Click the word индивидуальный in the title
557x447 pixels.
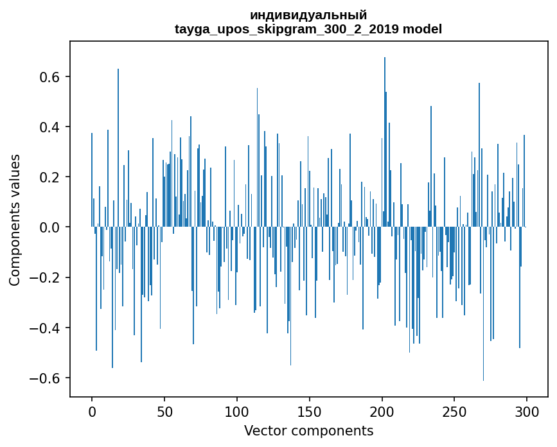[x=308, y=15]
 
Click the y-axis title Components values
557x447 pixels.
[x=15, y=220]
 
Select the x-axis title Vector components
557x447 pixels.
[x=308, y=430]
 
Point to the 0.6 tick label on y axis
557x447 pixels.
[x=51, y=77]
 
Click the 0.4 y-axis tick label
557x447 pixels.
[x=51, y=127]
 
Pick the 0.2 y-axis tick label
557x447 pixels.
[x=51, y=177]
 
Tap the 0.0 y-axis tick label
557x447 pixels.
[x=51, y=227]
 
